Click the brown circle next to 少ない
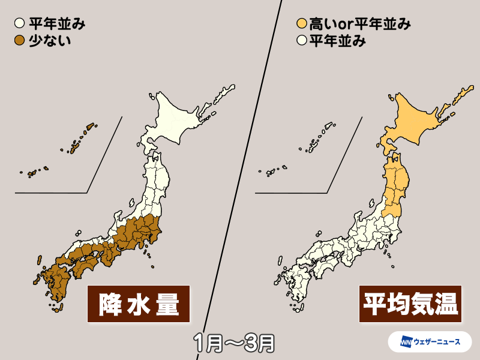[x=19, y=41]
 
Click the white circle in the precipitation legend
[x=19, y=25]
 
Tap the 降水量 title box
[x=139, y=304]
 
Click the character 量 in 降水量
[x=170, y=304]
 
